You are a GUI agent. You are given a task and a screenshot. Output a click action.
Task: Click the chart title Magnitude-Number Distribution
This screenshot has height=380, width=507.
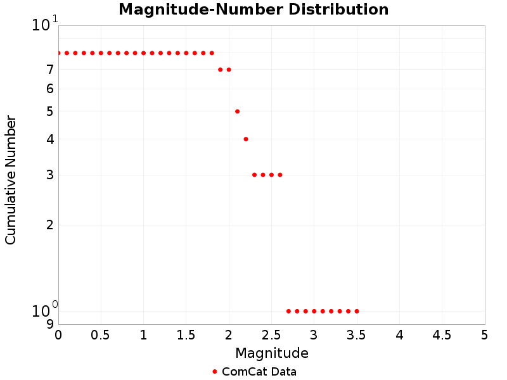pos(253,10)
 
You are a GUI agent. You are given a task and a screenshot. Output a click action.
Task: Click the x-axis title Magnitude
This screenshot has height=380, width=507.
pos(272,353)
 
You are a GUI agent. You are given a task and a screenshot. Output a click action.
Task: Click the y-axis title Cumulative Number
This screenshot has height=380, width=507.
pos(11,180)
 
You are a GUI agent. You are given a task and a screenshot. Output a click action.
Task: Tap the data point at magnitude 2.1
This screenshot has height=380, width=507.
pos(237,111)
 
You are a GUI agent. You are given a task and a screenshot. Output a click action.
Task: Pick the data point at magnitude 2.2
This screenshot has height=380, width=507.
pos(246,139)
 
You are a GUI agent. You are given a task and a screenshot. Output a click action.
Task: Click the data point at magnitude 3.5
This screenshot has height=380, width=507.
pos(357,311)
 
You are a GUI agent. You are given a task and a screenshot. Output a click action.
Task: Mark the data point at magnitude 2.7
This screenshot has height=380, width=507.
pos(288,311)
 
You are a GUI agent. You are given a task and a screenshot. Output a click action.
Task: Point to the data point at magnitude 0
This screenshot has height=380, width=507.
pos(58,53)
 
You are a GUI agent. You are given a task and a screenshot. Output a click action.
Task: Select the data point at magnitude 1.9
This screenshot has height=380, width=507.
pos(220,70)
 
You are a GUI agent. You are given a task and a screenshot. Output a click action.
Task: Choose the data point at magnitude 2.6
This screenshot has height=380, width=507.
pos(280,175)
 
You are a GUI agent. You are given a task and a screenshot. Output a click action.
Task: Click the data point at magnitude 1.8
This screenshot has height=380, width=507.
pos(212,53)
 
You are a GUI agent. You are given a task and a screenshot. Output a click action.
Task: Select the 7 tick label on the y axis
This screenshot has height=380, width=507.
pos(49,70)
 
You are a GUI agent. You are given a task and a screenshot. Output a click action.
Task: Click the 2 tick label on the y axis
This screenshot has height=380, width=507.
pos(49,225)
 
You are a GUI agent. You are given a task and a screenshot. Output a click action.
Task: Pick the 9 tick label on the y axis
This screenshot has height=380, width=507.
pos(49,324)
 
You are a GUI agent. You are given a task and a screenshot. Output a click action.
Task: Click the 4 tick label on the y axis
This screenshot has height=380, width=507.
pos(49,139)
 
